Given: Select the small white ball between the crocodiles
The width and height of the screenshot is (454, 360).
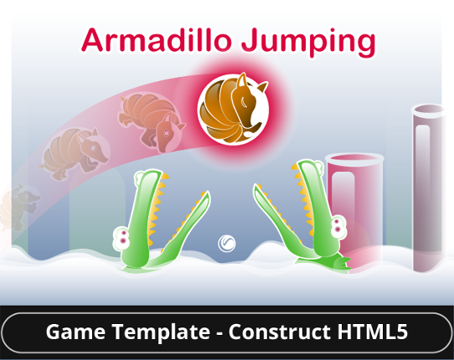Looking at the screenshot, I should [226, 244].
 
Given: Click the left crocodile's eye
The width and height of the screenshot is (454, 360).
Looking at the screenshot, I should [123, 237].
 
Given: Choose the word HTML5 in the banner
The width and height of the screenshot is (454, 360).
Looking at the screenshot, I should [373, 332].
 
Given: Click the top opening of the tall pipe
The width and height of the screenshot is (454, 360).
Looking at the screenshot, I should [430, 110].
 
